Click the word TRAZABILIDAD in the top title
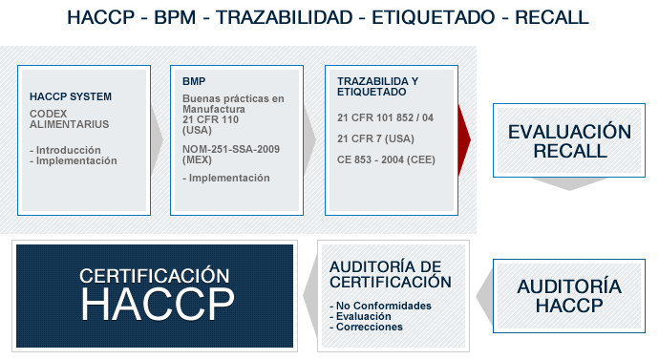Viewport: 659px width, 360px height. click(284, 17)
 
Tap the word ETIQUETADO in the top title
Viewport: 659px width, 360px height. click(434, 17)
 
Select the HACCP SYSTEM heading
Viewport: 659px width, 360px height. click(71, 96)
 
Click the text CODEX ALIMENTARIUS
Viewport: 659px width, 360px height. click(70, 118)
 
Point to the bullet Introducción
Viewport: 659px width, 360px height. click(65, 150)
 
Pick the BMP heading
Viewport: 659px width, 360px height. click(194, 81)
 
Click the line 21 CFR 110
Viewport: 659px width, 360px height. click(210, 119)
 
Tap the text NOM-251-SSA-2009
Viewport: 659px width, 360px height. click(231, 149)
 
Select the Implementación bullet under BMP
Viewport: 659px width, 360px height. click(226, 178)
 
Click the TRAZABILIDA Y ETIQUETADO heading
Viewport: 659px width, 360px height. click(378, 87)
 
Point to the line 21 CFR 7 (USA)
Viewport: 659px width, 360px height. click(375, 138)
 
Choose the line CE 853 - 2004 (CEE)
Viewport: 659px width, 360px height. click(386, 159)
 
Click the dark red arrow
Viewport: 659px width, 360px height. click(463, 139)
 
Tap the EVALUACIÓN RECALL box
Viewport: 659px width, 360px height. click(569, 140)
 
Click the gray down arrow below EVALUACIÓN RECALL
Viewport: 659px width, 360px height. click(569, 184)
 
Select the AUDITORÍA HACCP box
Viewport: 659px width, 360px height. click(569, 296)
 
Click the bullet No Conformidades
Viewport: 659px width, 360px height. click(381, 306)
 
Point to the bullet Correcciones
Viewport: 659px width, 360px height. click(366, 327)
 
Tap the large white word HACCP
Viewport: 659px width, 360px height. click(158, 304)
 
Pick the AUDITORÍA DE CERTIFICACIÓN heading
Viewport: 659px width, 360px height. click(391, 274)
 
